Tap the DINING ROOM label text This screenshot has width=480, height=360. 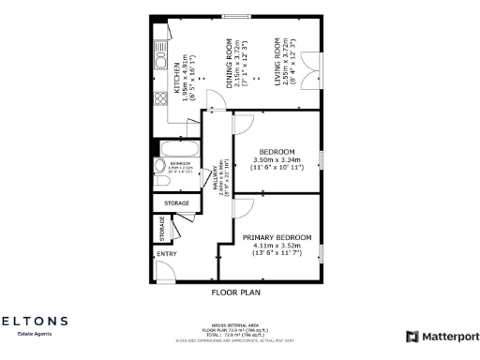point(231,64)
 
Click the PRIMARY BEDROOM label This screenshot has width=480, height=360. point(277,237)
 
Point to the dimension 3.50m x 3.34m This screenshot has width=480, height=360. point(277,160)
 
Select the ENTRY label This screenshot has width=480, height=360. point(167,253)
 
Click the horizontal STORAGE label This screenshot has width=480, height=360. point(176,202)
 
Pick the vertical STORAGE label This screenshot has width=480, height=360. point(162,228)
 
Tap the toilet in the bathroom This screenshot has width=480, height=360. point(159,167)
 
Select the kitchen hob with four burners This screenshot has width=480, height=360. point(159,92)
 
